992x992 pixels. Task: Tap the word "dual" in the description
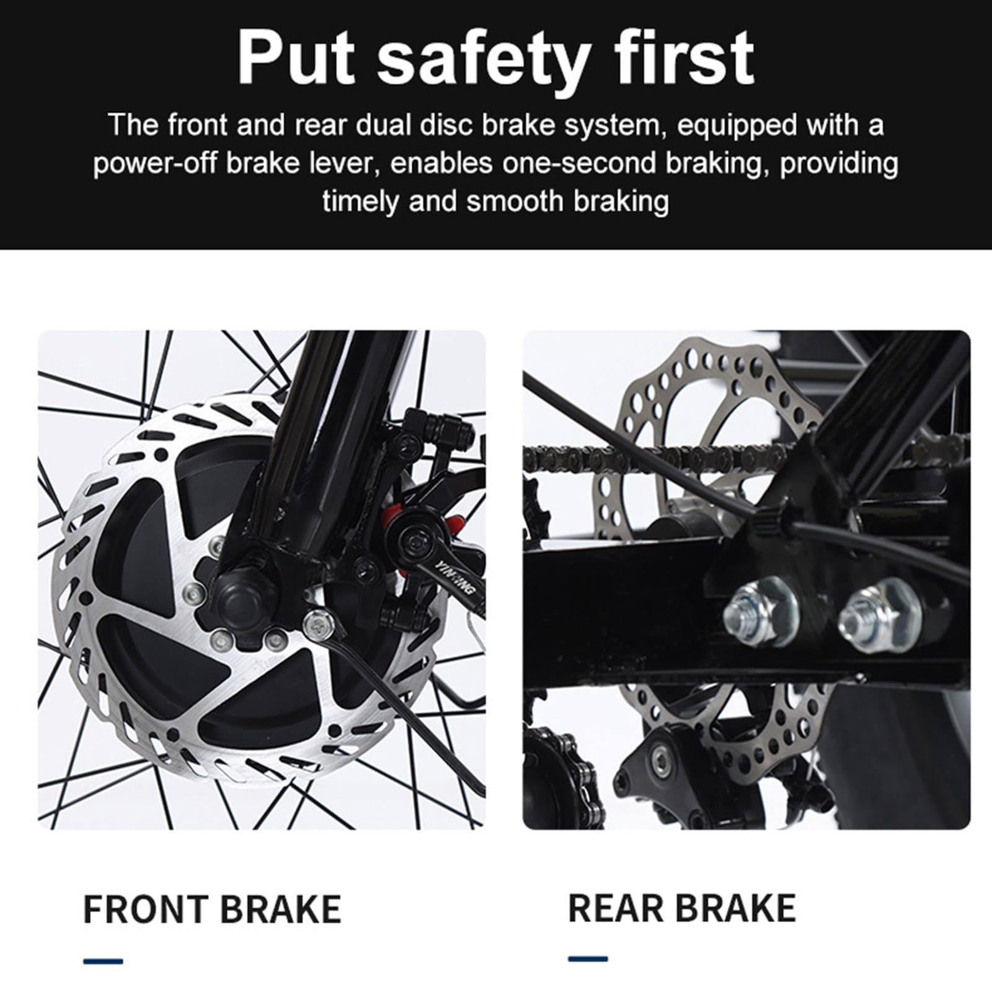[x=384, y=125]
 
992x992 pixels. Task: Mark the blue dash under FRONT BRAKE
[x=103, y=962]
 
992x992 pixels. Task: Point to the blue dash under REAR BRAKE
[x=588, y=959]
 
